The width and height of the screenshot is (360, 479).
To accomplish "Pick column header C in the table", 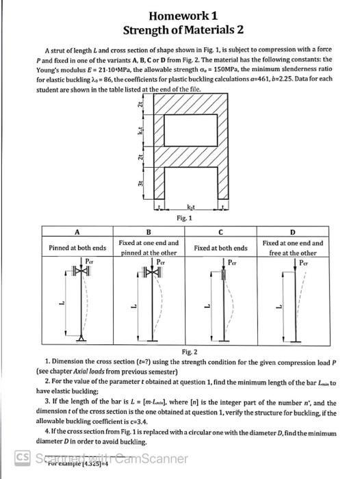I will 220,231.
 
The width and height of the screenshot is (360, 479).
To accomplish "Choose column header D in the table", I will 292,231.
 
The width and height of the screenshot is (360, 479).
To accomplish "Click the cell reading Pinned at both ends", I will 77,247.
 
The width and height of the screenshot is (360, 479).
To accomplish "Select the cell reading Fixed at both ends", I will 220,247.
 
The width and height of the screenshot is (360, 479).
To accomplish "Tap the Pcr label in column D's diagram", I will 299,262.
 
